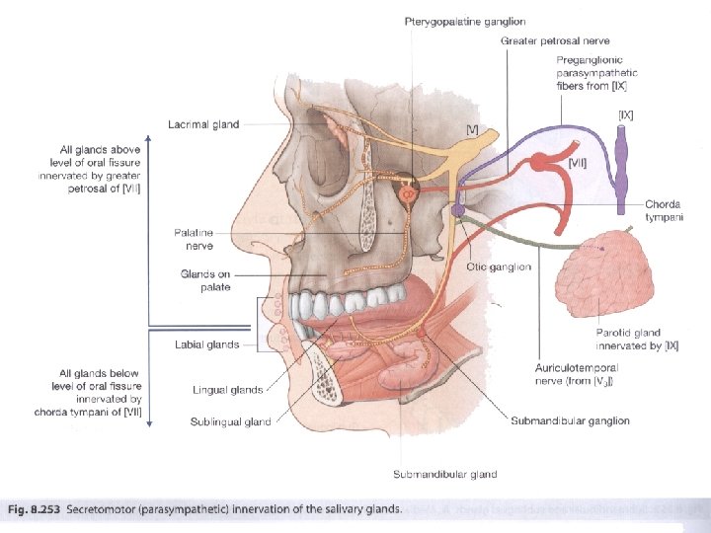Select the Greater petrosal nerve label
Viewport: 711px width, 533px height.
click(555, 41)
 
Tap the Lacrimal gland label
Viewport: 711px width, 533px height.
click(203, 125)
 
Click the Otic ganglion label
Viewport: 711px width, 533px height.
click(499, 266)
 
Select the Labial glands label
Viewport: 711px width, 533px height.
click(207, 344)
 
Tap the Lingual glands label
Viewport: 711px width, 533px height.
click(228, 390)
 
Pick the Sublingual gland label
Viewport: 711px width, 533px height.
click(231, 422)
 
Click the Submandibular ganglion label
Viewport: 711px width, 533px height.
click(570, 421)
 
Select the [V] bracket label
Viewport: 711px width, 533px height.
click(473, 129)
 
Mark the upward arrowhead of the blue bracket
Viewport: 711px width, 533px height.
click(149, 138)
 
